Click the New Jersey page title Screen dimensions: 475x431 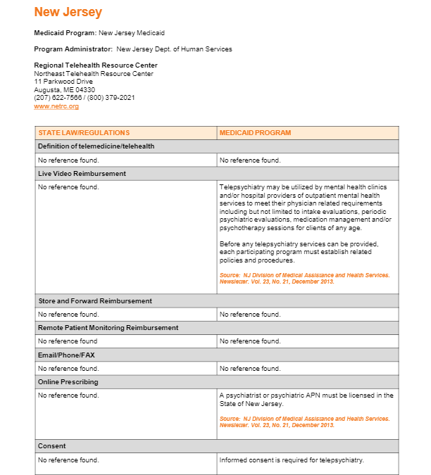tap(68, 12)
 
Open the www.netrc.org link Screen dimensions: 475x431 tap(56, 106)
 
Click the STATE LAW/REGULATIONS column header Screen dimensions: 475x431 tap(84, 133)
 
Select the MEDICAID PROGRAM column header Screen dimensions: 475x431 tap(255, 133)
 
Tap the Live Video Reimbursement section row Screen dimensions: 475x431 tap(82, 174)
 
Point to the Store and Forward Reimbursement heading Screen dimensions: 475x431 tap(95, 301)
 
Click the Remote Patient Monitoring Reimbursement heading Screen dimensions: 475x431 tap(108, 328)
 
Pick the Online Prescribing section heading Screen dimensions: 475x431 tap(68, 382)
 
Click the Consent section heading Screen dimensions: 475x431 tap(52, 446)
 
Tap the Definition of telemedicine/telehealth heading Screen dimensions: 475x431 tap(96, 146)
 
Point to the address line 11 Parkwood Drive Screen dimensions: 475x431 tap(63, 82)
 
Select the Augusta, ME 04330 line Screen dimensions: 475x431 tap(64, 90)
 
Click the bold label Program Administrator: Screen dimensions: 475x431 tap(73, 49)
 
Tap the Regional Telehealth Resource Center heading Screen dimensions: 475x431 tap(96, 65)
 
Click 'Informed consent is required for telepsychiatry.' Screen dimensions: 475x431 tap(292, 460)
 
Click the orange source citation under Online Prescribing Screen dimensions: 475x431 tap(304, 422)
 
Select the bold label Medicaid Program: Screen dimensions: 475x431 tap(65, 33)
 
